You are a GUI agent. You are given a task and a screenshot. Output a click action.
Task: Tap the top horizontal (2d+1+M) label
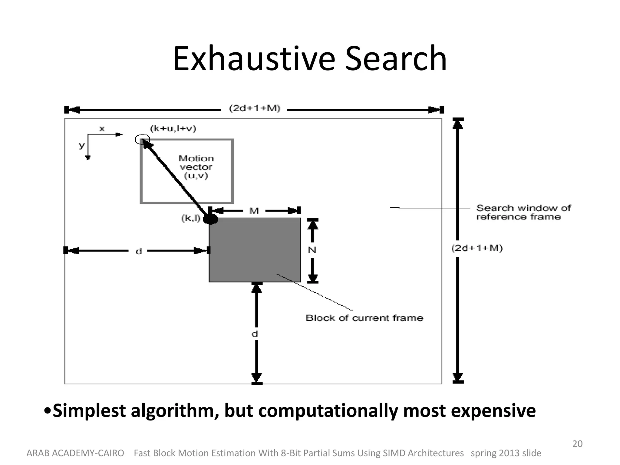click(255, 108)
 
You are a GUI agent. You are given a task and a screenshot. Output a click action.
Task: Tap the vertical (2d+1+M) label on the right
click(477, 248)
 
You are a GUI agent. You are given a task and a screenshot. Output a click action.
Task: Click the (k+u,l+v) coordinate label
click(173, 129)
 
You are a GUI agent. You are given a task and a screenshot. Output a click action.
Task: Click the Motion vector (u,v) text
click(196, 167)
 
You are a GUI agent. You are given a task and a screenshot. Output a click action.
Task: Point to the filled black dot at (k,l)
click(210, 219)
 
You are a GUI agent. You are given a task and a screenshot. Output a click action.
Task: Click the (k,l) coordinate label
click(191, 218)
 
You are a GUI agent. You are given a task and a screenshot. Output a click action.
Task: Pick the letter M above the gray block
click(254, 211)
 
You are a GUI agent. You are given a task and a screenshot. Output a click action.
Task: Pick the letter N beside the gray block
click(312, 250)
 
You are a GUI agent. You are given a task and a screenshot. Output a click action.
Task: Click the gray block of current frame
click(254, 250)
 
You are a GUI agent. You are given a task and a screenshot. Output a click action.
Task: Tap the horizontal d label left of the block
click(138, 251)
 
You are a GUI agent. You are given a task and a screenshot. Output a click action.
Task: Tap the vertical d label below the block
click(255, 334)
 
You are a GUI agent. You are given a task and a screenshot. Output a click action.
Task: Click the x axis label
click(102, 129)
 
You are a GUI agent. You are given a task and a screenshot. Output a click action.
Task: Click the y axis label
click(81, 145)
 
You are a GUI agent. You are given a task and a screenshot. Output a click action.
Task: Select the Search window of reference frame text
click(523, 212)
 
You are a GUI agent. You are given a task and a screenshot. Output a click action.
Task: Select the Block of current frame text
click(364, 318)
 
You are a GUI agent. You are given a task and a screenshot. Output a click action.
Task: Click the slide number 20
click(577, 444)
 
